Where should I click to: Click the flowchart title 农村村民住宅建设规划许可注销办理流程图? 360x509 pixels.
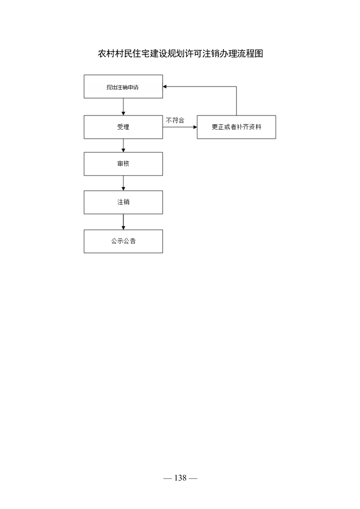pos(180,54)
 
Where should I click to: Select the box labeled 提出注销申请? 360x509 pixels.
pos(123,87)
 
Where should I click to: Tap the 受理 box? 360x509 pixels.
pos(123,127)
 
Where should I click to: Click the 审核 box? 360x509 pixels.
pos(123,164)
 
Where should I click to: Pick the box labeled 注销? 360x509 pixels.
pos(123,202)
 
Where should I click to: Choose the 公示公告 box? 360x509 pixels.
pos(123,241)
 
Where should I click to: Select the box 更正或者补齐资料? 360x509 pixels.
pos(236,127)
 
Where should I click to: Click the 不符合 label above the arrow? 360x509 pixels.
pos(175,120)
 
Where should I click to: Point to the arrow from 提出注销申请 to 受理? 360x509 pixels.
pos(123,107)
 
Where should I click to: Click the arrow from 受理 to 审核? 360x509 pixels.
pos(123,146)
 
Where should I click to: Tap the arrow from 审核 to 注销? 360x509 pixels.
pos(123,183)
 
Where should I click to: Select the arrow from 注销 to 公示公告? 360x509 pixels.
pos(123,222)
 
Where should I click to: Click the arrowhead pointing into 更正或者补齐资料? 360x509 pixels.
pos(195,127)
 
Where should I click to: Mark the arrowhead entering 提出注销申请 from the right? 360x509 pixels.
pos(165,87)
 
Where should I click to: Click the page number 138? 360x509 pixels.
pos(180,478)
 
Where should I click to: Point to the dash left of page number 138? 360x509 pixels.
pos(168,478)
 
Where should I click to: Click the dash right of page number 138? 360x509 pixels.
pos(193,478)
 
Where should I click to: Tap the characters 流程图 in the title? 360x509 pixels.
pos(250,54)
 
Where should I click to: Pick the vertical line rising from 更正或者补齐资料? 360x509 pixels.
pos(236,101)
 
